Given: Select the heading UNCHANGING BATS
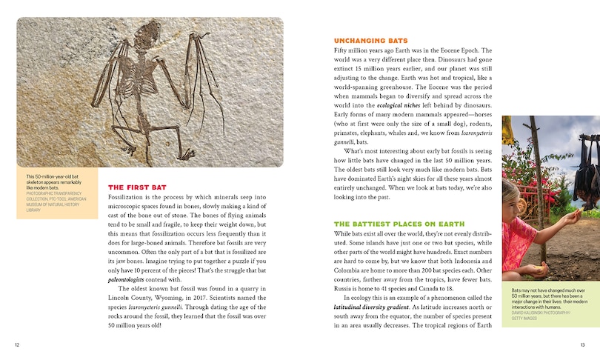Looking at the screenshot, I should [x=371, y=40].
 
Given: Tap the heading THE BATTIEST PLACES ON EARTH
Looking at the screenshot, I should [x=399, y=203].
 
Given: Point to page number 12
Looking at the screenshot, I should [x=18, y=345].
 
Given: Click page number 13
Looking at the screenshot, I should [x=582, y=345].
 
